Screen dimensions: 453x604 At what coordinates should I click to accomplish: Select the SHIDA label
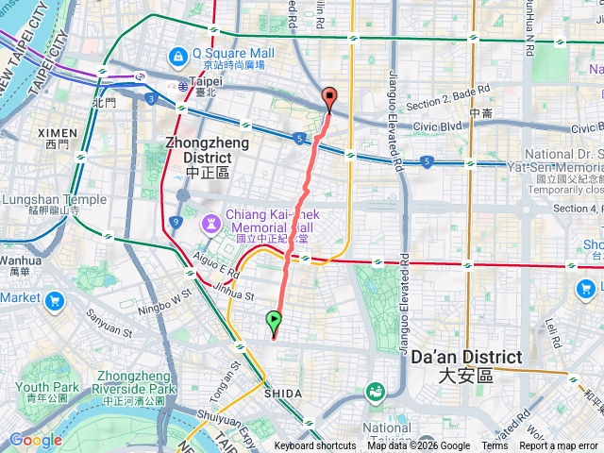283,393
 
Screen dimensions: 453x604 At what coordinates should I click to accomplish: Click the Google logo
36,440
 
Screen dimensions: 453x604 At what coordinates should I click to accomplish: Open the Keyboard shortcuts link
315,446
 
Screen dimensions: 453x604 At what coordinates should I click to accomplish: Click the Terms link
495,446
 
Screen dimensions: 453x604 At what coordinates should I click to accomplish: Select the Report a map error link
559,446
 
